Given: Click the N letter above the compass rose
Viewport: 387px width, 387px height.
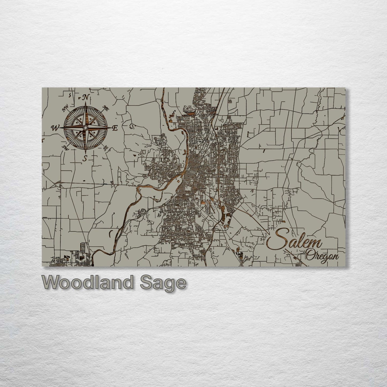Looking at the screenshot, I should tap(86, 97).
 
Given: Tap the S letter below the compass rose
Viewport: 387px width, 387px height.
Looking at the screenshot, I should tap(85, 159).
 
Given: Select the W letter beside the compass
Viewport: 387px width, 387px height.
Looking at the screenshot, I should tap(55, 128).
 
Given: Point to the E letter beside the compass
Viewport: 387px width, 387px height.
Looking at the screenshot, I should tap(115, 128).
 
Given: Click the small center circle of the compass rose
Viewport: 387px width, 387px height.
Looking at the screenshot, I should tap(85, 128).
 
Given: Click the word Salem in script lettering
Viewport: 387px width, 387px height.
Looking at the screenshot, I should tap(295, 243).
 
